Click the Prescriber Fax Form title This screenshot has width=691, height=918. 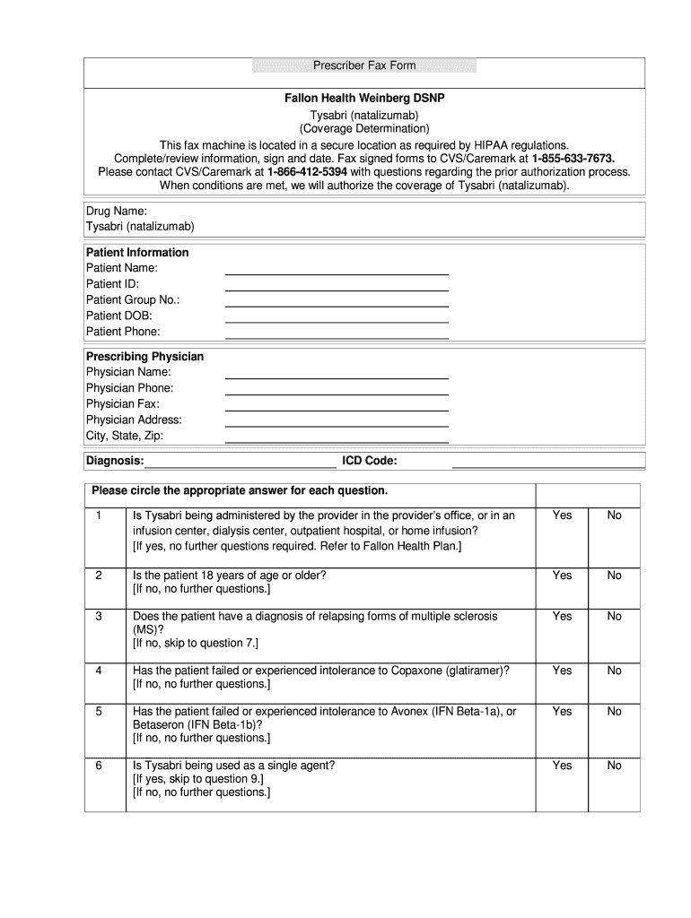point(364,66)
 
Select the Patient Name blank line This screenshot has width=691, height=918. point(336,269)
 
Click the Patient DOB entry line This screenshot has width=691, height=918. point(336,316)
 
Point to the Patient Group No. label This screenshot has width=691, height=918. point(133,300)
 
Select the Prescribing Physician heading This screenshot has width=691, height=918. point(144,357)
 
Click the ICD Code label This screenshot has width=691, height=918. point(369,461)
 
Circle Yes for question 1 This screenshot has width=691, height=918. point(562,515)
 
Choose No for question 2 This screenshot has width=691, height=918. point(614,575)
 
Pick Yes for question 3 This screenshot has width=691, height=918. point(562,617)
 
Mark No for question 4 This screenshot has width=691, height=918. point(614,671)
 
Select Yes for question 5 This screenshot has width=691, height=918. point(562,712)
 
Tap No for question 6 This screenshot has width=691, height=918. point(614,766)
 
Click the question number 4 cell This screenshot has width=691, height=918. point(99,671)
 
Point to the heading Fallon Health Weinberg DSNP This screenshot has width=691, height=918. point(364,100)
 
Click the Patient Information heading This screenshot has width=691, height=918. point(137,253)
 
